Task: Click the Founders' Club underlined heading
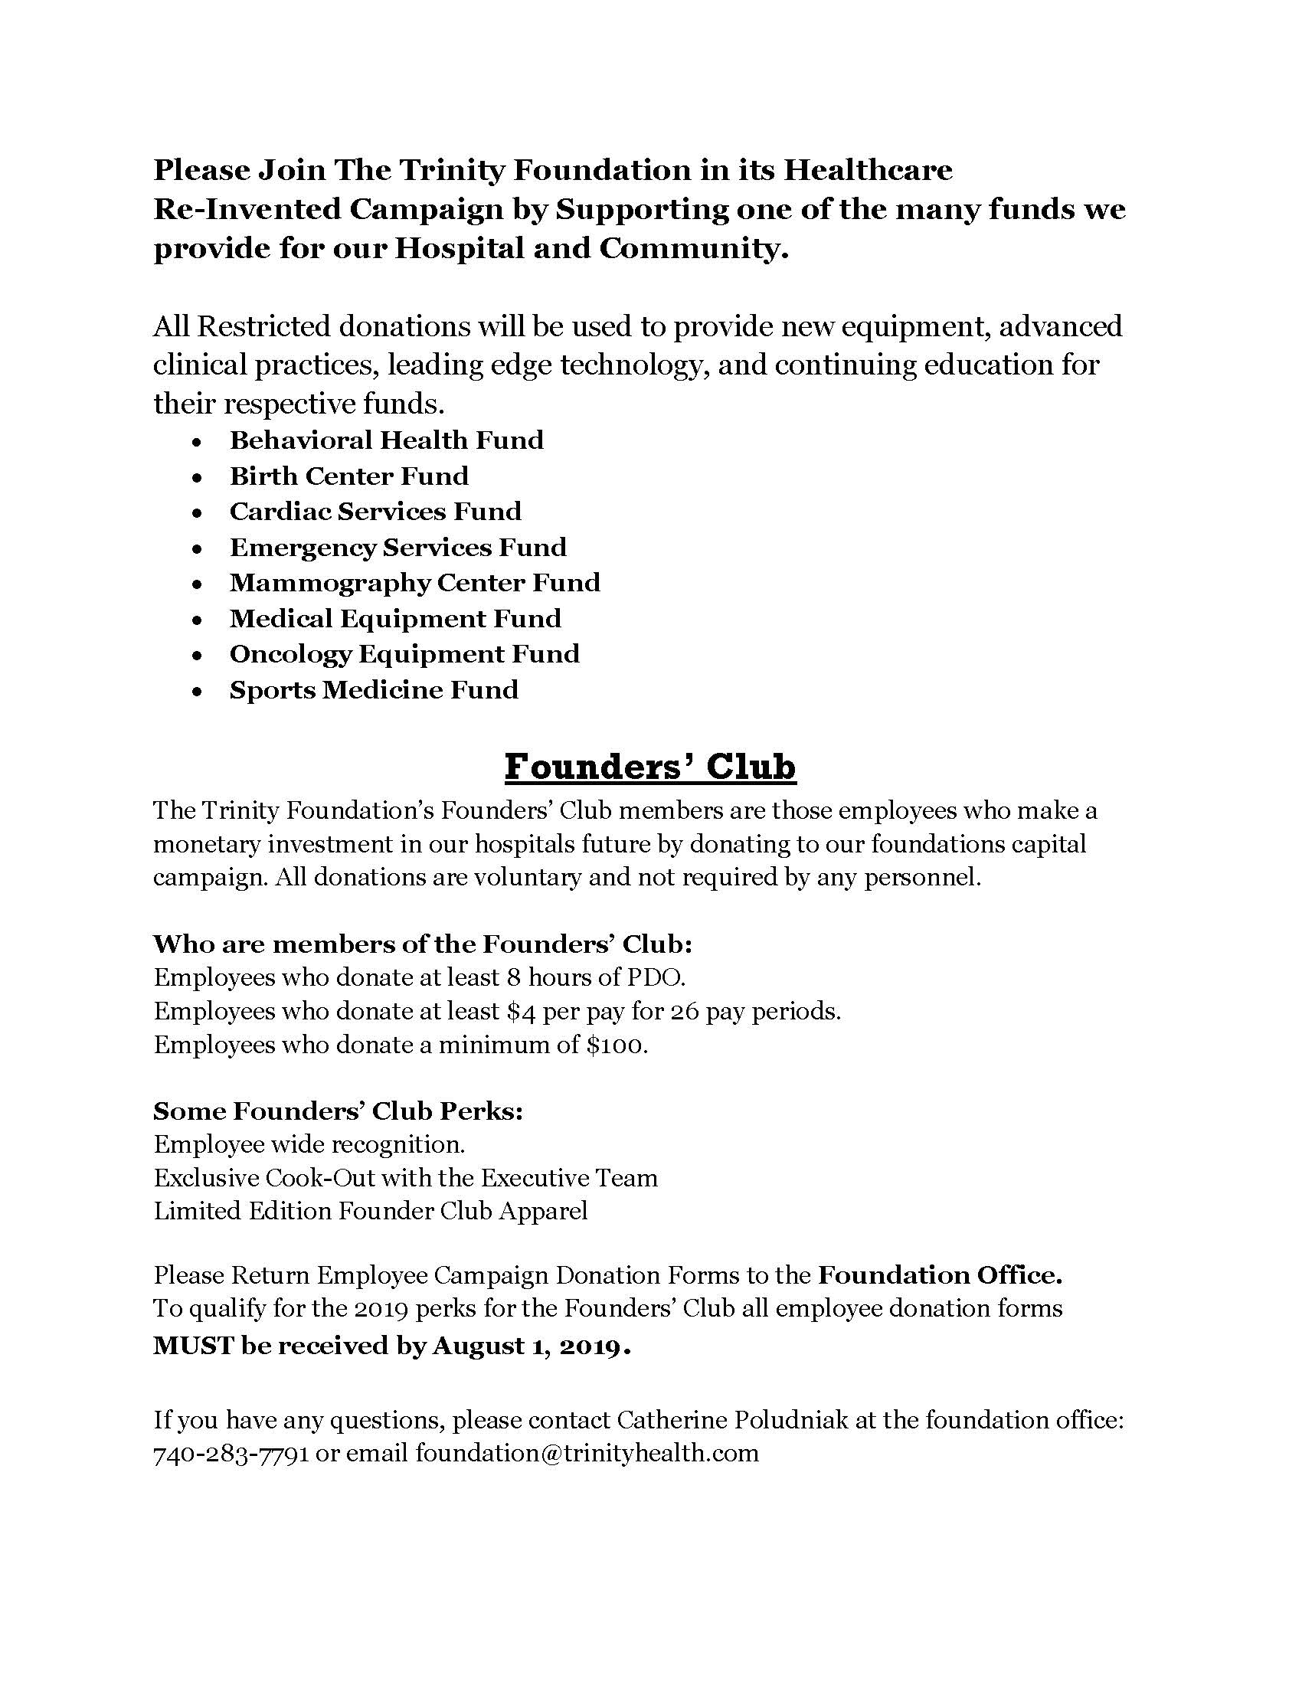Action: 649,767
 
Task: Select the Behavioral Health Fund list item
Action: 387,440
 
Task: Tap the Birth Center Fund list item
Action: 348,476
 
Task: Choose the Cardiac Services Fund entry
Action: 375,512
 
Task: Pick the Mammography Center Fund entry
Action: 414,583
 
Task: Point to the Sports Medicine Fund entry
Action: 373,690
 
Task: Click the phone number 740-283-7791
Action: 231,1453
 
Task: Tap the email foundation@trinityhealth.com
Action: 587,1453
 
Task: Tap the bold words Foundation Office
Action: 941,1275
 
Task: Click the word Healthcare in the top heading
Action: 868,170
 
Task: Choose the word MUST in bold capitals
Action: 193,1346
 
